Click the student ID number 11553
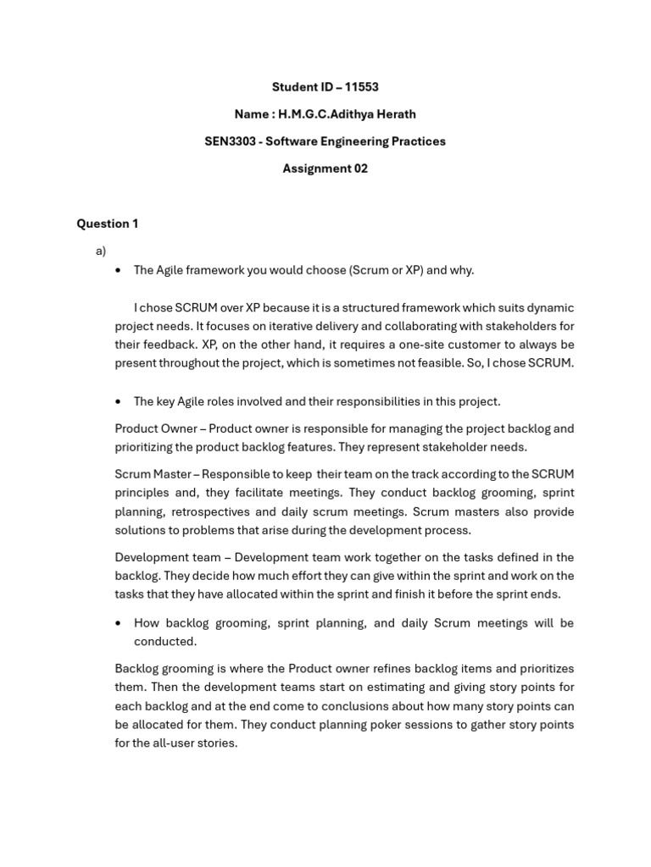click(362, 87)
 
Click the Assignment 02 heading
click(325, 168)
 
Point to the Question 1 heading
click(108, 224)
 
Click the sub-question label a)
click(101, 251)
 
